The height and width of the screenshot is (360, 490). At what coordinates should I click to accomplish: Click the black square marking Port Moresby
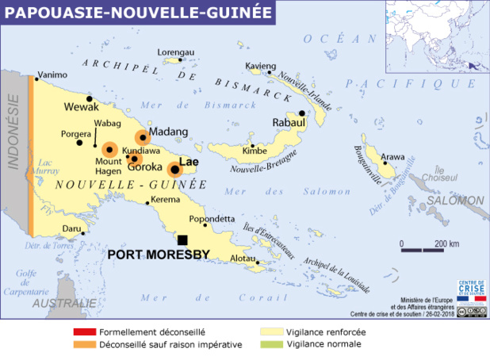coord(182,239)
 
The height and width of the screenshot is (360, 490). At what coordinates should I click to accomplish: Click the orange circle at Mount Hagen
coord(109,148)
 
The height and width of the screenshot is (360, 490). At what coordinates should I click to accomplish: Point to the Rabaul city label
coord(289,124)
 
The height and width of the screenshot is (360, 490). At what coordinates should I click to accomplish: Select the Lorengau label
coord(176,52)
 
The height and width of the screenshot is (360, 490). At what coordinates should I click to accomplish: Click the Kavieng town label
coord(261,64)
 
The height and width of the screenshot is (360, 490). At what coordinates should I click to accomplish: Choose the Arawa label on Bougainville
coord(393,156)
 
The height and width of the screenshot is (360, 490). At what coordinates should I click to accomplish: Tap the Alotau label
coord(242,259)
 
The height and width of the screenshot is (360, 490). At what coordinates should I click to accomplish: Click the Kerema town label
coord(166,199)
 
